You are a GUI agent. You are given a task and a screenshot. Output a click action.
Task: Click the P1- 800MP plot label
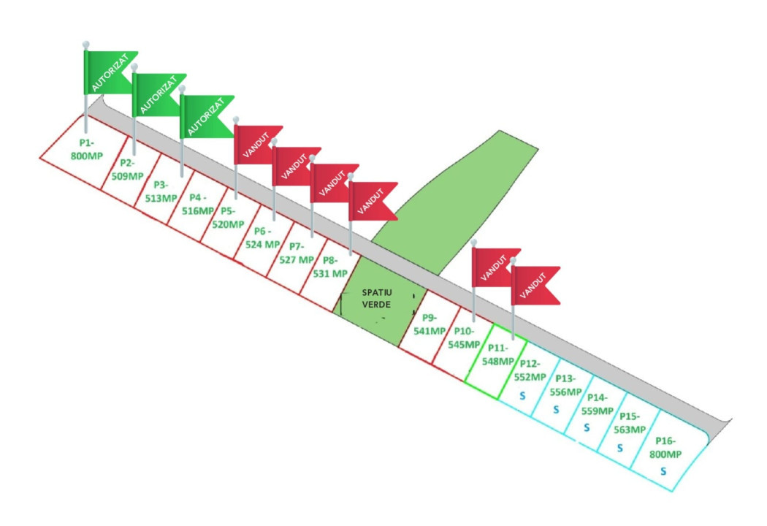pos(87,150)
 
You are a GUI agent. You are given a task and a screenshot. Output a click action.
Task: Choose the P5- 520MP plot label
pos(227,218)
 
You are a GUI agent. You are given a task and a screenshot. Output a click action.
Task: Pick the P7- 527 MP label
pos(296,252)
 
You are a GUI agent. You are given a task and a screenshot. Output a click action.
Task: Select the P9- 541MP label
pos(429,324)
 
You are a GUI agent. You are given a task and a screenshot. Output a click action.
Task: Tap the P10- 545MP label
pos(462,338)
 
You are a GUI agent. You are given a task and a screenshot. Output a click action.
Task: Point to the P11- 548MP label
pos(498,354)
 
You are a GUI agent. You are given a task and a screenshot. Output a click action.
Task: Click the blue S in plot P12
pos(522,394)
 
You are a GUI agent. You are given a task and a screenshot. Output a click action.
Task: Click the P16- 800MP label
pos(665,447)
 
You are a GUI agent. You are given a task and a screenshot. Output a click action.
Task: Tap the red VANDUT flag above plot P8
pos(373,201)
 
